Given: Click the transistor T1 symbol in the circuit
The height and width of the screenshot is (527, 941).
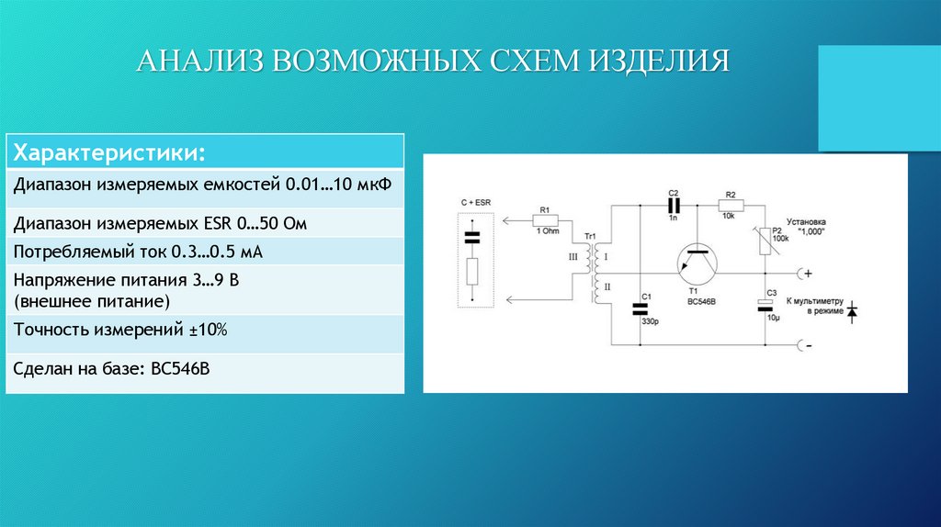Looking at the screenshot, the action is pyautogui.click(x=698, y=263).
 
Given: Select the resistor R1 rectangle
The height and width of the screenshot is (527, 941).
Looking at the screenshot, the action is pyautogui.click(x=544, y=220).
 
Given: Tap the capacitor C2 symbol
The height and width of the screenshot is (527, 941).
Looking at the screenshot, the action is pyautogui.click(x=673, y=205).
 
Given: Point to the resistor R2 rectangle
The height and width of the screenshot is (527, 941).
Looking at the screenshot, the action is pyautogui.click(x=730, y=205).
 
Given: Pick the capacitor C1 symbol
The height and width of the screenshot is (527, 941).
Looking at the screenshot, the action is pyautogui.click(x=641, y=308).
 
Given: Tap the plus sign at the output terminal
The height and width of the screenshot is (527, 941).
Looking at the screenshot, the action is pyautogui.click(x=810, y=273).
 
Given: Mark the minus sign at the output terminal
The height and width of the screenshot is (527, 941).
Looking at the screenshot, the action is pyautogui.click(x=810, y=344).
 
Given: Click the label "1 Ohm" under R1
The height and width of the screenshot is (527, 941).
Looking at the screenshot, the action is pyautogui.click(x=548, y=231).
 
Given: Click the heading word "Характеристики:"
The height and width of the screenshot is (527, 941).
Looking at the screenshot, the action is pyautogui.click(x=107, y=150).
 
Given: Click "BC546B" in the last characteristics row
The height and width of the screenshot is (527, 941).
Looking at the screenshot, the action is pyautogui.click(x=178, y=368).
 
